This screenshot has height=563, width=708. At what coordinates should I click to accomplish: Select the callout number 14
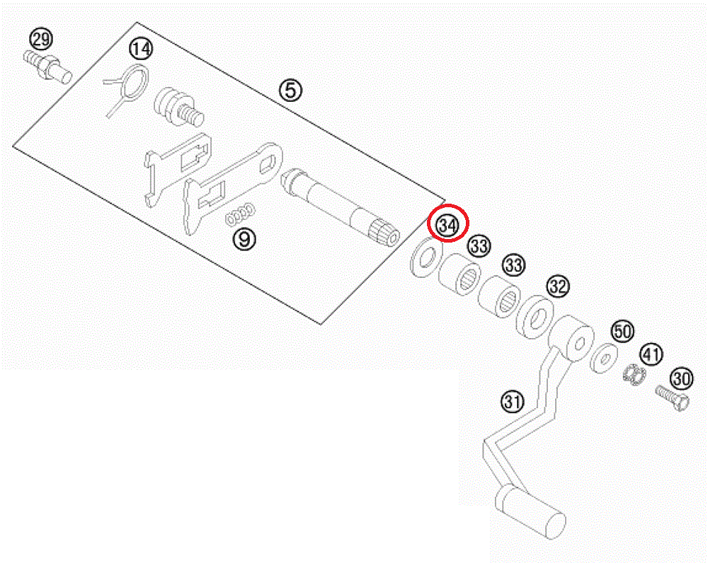140,50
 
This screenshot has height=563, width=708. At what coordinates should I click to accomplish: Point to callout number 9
244,238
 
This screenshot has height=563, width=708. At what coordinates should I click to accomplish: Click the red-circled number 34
447,224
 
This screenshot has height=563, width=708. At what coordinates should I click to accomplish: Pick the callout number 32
557,286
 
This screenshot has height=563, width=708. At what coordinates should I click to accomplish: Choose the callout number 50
622,331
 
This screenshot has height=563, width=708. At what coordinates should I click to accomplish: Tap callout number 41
651,354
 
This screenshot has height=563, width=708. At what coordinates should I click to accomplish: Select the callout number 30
681,378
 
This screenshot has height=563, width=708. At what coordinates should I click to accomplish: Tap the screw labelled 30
670,397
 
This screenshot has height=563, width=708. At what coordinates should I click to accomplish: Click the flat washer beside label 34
425,256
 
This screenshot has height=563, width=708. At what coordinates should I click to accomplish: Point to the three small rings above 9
241,213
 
